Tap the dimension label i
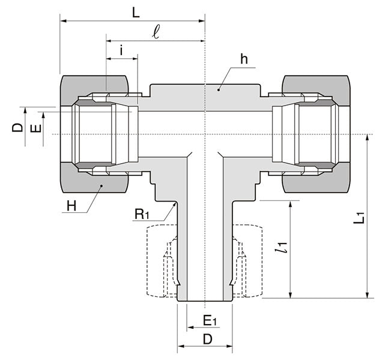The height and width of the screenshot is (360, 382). click(122, 51)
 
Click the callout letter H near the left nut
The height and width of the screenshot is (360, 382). click(71, 206)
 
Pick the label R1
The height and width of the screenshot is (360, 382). click(141, 214)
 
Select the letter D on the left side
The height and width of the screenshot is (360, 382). click(17, 127)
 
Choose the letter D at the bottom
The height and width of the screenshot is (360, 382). click(207, 339)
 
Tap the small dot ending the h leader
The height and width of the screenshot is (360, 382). click(219, 89)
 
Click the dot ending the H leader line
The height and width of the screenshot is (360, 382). click(102, 187)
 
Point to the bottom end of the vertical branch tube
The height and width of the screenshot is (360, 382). click(205, 300)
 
